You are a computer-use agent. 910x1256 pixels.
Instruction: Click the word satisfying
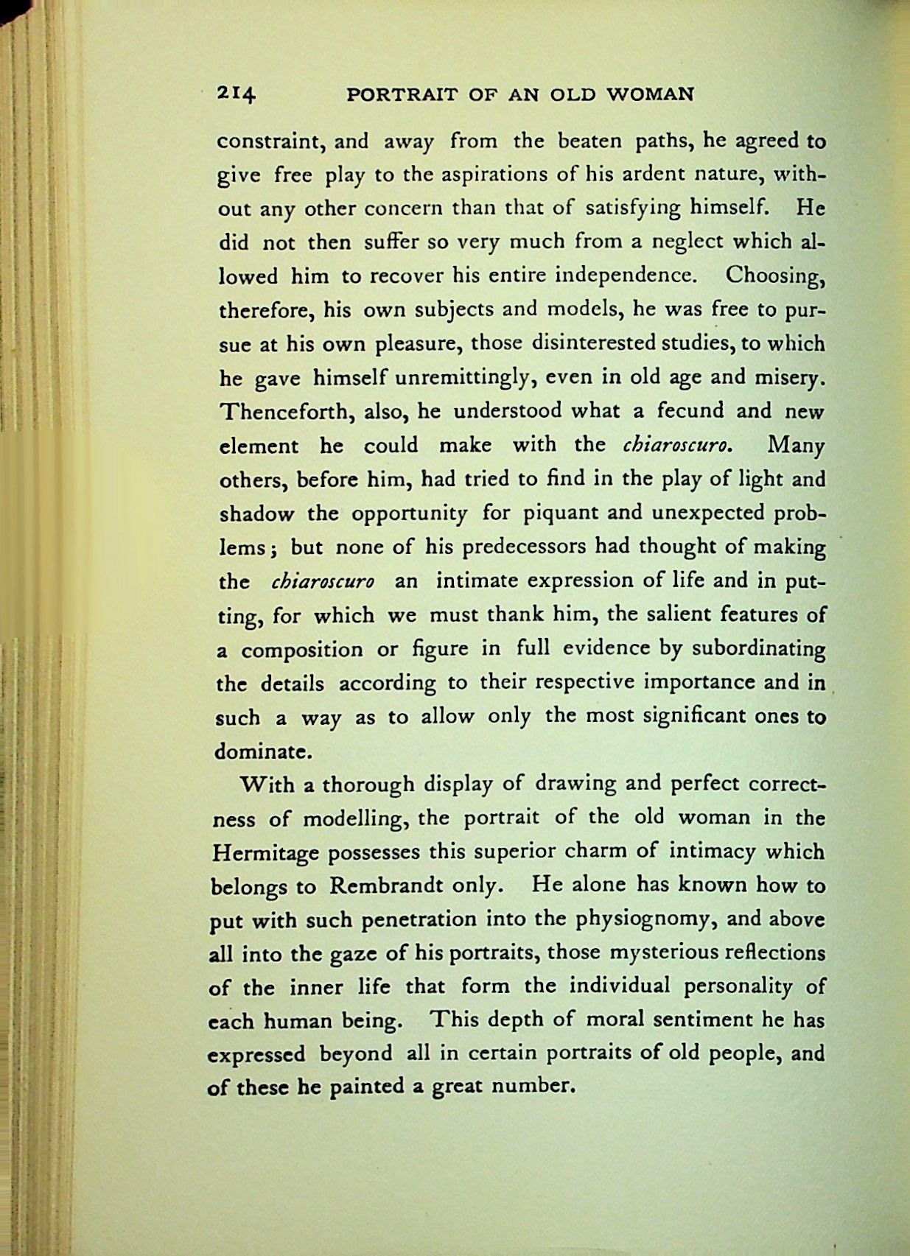pyautogui.click(x=633, y=208)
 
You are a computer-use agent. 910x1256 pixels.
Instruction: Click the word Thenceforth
pyautogui.click(x=288, y=411)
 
